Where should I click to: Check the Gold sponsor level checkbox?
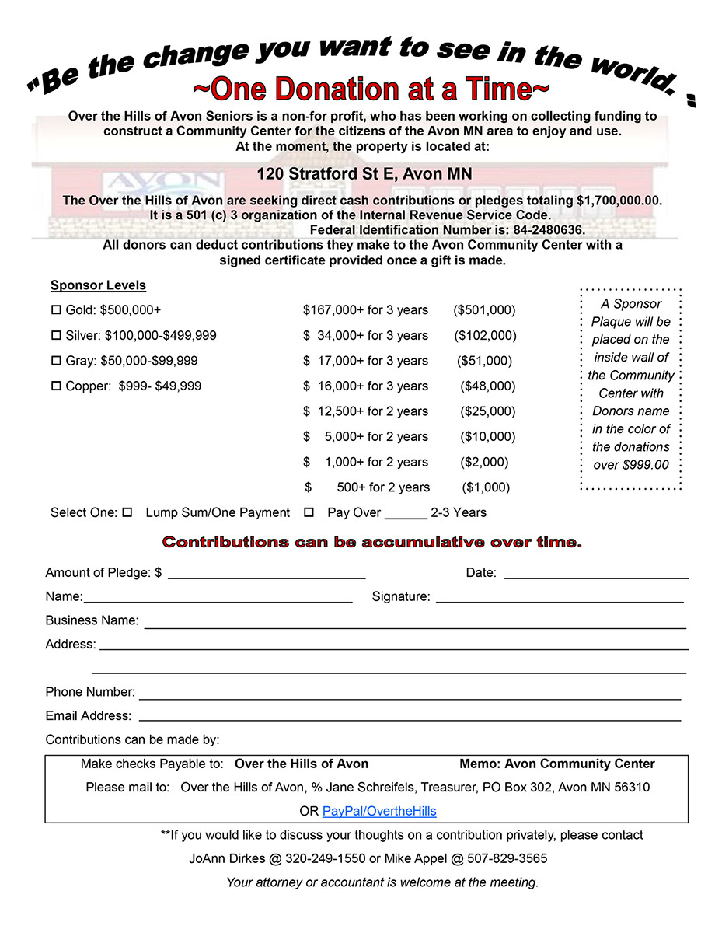(56, 310)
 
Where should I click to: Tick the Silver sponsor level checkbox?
(56, 336)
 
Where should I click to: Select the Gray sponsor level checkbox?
(56, 361)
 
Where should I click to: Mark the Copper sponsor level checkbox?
(56, 386)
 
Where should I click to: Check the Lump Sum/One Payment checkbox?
(127, 512)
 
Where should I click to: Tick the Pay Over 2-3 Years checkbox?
(309, 512)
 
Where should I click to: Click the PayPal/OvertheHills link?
(379, 811)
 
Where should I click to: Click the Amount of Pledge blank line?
(267, 574)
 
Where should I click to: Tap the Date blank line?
(596, 574)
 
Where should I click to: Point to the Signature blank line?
(560, 597)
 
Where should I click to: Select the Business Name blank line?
(415, 622)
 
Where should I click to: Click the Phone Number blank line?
(410, 693)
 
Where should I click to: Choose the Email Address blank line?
(410, 716)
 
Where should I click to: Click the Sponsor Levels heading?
(98, 285)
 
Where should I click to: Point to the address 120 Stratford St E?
(364, 173)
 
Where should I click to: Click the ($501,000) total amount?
(484, 310)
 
